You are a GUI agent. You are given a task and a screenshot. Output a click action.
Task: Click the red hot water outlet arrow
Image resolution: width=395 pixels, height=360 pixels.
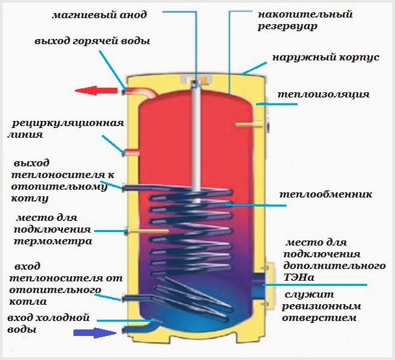click(95, 91)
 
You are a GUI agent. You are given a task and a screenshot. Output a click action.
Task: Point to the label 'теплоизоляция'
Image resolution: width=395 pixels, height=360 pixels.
click(323, 94)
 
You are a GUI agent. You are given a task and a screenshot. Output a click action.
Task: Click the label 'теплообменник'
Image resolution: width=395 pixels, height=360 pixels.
click(325, 194)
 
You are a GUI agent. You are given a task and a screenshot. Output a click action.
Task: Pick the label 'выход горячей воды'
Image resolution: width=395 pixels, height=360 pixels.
click(93, 41)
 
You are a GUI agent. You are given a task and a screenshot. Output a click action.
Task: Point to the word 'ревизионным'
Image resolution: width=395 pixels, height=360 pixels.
click(320, 306)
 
